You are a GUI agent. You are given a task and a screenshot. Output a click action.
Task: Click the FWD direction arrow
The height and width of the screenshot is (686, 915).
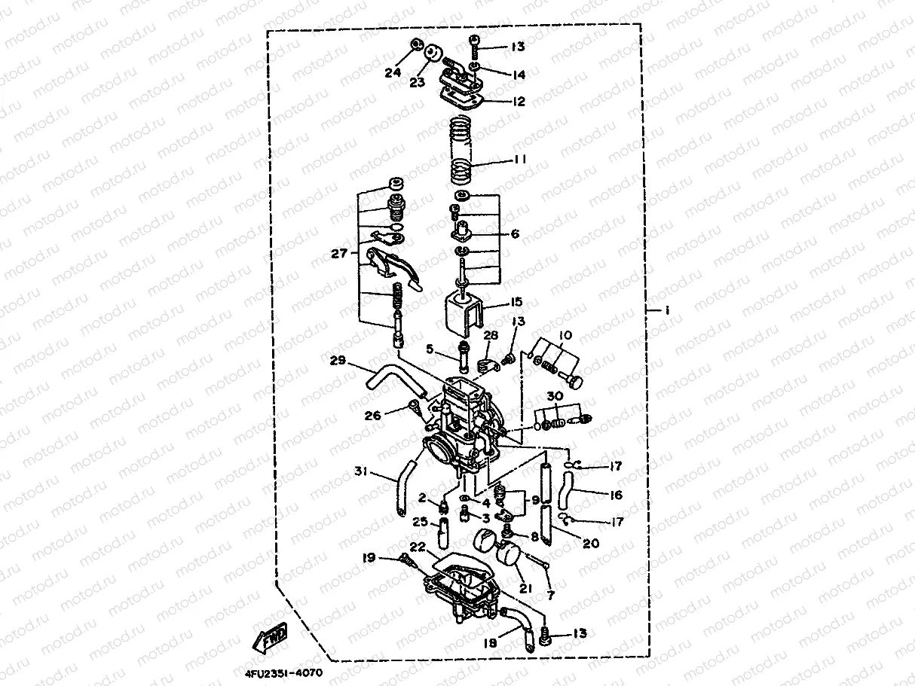coord(270,639)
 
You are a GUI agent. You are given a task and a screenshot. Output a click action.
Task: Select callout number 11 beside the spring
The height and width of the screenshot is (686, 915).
coord(519,160)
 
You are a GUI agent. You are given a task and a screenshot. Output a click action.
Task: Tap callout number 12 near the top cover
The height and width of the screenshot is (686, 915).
coord(519,102)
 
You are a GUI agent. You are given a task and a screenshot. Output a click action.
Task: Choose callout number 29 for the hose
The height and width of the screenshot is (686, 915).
coord(337,361)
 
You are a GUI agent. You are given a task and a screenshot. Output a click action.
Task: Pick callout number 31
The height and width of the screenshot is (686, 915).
coord(363,472)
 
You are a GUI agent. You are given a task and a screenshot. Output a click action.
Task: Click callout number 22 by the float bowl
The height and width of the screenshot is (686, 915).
coord(418,547)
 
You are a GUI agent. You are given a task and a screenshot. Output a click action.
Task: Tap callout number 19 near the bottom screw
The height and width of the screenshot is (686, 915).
coord(369,558)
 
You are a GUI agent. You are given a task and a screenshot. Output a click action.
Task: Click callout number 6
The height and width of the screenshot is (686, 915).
coord(515,234)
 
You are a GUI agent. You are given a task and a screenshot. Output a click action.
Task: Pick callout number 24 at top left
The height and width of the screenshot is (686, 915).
coord(393,73)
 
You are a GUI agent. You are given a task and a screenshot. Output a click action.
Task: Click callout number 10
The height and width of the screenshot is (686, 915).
coord(565,334)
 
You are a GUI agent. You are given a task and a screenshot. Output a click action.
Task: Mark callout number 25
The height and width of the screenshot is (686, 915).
coord(421,521)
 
